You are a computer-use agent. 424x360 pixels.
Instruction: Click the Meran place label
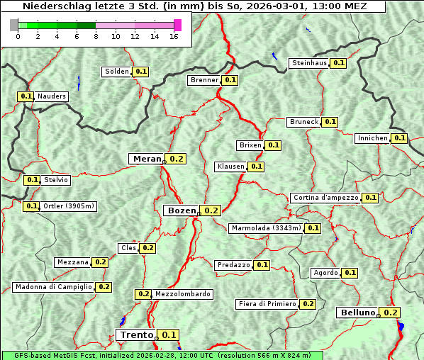[147, 159]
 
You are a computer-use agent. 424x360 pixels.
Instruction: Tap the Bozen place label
[181, 210]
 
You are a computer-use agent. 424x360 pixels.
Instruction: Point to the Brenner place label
[204, 80]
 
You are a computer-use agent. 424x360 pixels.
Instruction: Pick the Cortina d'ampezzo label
[325, 198]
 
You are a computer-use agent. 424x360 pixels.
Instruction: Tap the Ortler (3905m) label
[68, 206]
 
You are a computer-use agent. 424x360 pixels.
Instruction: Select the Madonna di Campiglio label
[52, 287]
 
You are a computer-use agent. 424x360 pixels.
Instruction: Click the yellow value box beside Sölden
[141, 72]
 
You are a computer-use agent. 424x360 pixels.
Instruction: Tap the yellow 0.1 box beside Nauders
[26, 96]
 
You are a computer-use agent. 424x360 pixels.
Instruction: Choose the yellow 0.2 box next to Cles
[147, 248]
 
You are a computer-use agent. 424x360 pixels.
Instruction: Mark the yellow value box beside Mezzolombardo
[143, 294]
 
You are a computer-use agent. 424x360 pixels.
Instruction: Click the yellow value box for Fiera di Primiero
[308, 304]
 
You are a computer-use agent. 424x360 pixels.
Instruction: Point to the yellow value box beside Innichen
[400, 138]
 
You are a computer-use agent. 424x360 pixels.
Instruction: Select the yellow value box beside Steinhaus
[339, 63]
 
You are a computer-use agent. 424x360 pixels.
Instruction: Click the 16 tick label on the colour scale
[173, 37]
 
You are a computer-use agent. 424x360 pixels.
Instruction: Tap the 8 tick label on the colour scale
[96, 37]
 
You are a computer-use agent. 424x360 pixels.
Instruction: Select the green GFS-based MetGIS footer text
[162, 355]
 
